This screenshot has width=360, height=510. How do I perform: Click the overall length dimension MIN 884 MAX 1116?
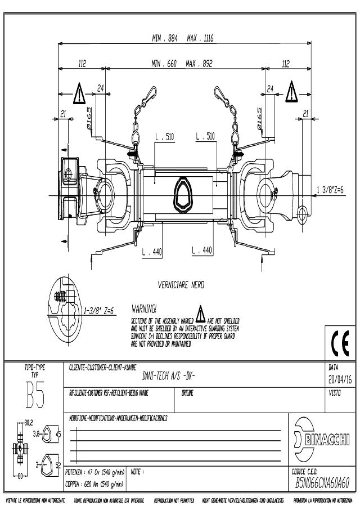[x=183, y=38]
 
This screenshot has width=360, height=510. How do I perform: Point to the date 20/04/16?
[x=339, y=379]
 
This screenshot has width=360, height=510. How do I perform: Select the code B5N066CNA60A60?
[x=323, y=482]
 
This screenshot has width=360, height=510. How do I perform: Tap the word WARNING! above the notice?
[x=144, y=309]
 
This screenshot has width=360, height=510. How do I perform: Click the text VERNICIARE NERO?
[x=182, y=285]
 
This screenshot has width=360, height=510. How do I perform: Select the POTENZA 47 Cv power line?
[x=94, y=471]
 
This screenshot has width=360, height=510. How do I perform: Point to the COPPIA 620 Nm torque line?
[x=94, y=482]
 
